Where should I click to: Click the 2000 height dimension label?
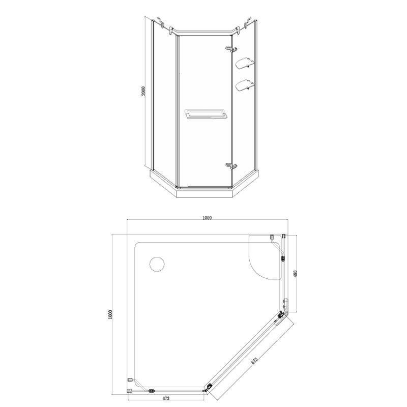click(144, 91)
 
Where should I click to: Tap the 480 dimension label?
click(295, 274)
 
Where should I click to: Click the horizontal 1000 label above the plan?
click(207, 218)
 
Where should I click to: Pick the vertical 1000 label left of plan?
click(111, 314)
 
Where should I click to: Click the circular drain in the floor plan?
click(157, 264)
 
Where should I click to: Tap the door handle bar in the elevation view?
click(204, 113)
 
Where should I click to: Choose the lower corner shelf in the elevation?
click(244, 85)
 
